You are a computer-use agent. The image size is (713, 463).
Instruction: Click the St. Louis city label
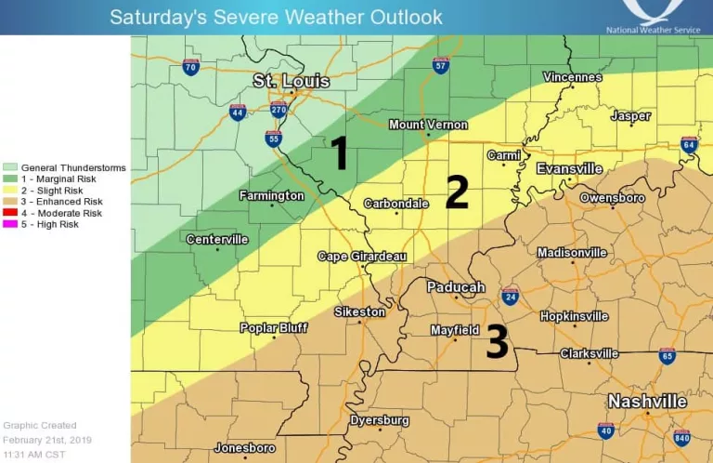[x=292, y=82]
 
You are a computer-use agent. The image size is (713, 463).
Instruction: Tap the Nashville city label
[x=647, y=402]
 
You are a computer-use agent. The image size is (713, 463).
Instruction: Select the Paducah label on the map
[x=456, y=287]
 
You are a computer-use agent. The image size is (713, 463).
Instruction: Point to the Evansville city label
[x=569, y=169]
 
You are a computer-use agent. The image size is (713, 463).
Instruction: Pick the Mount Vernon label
[x=427, y=125]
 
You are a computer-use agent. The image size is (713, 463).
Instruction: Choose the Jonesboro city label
[x=244, y=448]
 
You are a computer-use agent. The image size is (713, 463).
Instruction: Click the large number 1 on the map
[x=340, y=153]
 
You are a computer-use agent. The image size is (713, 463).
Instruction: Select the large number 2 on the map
[x=457, y=192]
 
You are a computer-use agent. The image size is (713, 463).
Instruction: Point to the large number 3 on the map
[x=498, y=342]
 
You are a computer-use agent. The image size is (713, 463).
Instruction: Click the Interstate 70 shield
[x=190, y=67]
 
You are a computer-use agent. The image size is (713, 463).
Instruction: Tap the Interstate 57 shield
[x=441, y=65]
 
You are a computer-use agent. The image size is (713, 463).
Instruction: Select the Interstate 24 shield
[x=510, y=297]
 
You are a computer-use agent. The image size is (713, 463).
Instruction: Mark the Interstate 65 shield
[x=667, y=357]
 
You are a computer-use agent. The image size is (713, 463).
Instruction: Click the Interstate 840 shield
[x=682, y=438]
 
